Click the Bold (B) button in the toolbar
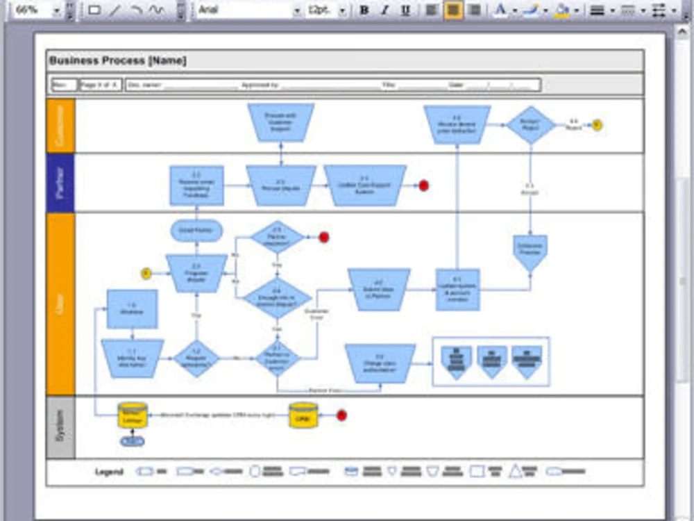(x=364, y=10)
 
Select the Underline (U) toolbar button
(x=405, y=10)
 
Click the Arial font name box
(x=243, y=10)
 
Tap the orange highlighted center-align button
(x=453, y=10)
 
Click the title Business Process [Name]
(x=118, y=61)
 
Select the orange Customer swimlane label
(x=60, y=126)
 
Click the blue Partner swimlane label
(x=60, y=183)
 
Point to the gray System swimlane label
(x=60, y=427)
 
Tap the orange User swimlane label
(x=60, y=304)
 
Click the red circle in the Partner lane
(x=423, y=185)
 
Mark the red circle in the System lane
(x=341, y=415)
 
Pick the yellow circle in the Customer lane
(x=597, y=125)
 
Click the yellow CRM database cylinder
(x=303, y=415)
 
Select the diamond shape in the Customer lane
(x=531, y=125)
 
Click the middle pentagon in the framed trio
(x=492, y=361)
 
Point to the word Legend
(x=109, y=472)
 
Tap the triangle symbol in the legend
(x=516, y=471)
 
